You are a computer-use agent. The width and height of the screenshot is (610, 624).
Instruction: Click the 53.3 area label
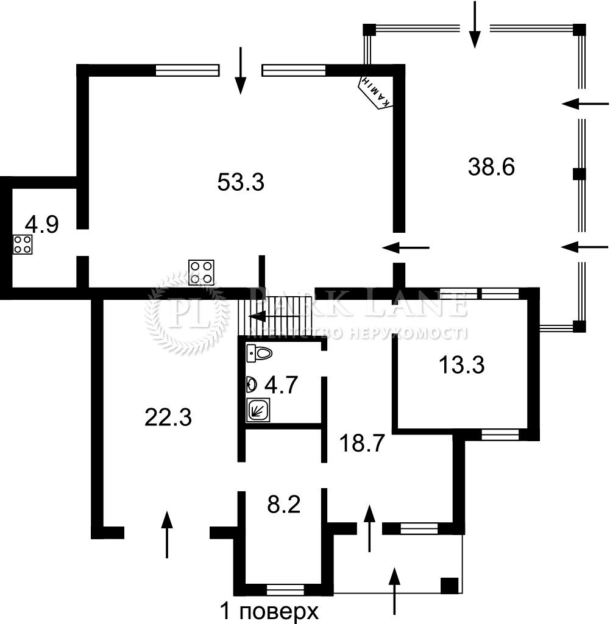click(241, 183)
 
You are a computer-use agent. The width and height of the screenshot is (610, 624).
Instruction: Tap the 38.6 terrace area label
click(491, 167)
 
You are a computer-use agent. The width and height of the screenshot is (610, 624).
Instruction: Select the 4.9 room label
click(42, 224)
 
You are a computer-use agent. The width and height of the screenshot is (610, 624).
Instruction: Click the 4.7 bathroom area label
click(281, 385)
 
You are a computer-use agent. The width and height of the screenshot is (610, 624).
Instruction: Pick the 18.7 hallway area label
click(362, 443)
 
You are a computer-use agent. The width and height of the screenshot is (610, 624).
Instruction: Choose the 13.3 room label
click(462, 365)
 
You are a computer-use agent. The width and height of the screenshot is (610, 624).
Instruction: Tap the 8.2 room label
click(284, 505)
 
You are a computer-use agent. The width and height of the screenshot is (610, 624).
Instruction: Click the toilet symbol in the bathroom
click(260, 353)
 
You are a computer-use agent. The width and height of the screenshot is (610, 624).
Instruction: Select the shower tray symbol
click(258, 410)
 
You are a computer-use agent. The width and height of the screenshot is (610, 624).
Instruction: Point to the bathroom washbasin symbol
click(252, 385)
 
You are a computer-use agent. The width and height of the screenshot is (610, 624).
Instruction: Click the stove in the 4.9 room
click(23, 244)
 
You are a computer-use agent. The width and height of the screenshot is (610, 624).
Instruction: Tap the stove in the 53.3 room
click(201, 272)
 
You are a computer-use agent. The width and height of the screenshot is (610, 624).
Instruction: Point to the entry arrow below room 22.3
click(167, 534)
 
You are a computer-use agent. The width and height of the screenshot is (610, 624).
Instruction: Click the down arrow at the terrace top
click(474, 24)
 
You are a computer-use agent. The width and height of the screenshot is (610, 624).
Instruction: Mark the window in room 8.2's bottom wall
click(285, 589)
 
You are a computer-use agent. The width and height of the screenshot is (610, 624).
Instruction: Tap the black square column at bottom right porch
click(450, 585)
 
